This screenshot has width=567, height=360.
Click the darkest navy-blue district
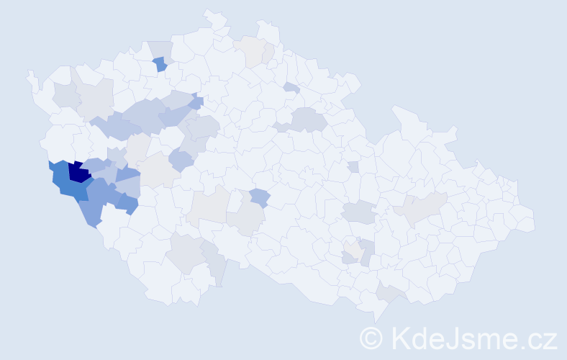click(x=78, y=174)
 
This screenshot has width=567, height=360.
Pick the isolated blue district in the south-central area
click(x=260, y=197)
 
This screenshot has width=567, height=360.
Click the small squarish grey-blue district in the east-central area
click(x=353, y=166)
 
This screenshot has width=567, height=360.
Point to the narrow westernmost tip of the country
click(x=30, y=74)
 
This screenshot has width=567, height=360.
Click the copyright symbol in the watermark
click(x=371, y=338)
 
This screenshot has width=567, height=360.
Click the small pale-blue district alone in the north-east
click(x=291, y=88)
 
